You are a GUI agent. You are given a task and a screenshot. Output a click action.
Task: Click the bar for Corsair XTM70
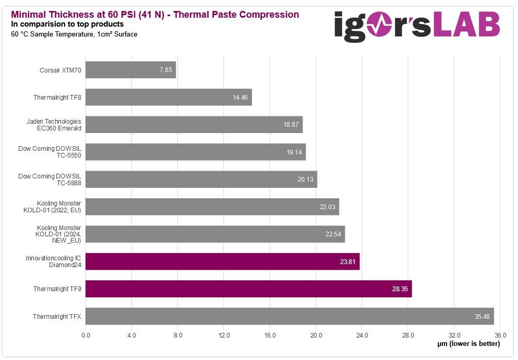pyautogui.click(x=130, y=70)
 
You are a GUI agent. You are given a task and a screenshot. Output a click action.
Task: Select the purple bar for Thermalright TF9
pyautogui.click(x=248, y=289)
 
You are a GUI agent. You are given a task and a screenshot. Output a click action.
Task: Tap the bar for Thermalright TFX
pyautogui.click(x=290, y=316)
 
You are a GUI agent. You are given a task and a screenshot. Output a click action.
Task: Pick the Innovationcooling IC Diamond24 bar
pyautogui.click(x=222, y=261)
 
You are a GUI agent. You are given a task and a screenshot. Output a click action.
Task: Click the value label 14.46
pyautogui.click(x=241, y=98)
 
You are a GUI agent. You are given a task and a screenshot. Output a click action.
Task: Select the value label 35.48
pyautogui.click(x=483, y=317)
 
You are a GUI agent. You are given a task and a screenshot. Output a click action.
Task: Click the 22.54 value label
pyautogui.click(x=333, y=234)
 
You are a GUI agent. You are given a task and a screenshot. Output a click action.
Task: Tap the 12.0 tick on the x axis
pyautogui.click(x=224, y=335)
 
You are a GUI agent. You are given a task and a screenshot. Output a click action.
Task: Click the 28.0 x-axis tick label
pyautogui.click(x=408, y=335)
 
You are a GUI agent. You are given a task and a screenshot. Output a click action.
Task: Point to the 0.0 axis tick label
pyautogui.click(x=86, y=335)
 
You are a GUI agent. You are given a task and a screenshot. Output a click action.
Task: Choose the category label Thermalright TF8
pyautogui.click(x=57, y=97)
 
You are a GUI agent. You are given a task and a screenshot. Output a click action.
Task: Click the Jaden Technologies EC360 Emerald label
pyautogui.click(x=54, y=125)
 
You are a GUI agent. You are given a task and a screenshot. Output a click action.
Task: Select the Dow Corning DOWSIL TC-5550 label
pyautogui.click(x=50, y=152)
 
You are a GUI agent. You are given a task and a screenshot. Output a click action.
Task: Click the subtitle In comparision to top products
pyautogui.click(x=67, y=24)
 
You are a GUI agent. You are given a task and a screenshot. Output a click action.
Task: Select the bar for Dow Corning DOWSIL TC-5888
pyautogui.click(x=201, y=179)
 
